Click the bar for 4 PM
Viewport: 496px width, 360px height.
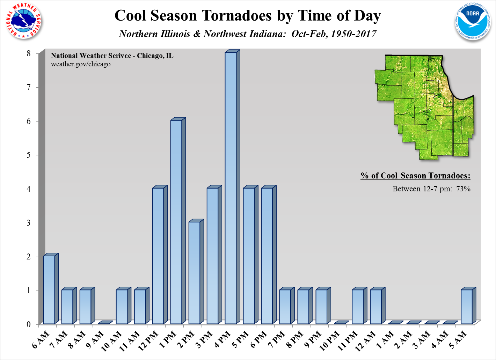(231, 189)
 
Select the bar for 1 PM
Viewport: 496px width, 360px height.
(176, 222)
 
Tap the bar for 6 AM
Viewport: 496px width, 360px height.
(49, 290)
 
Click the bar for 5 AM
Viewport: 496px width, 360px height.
(467, 307)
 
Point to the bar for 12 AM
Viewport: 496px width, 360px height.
(376, 307)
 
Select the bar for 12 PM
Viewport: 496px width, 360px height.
(158, 256)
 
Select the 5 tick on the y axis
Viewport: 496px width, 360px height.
(29, 155)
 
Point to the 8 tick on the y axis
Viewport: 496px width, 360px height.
(29, 53)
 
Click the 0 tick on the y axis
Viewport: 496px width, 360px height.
(29, 324)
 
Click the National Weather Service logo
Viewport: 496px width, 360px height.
(24, 21)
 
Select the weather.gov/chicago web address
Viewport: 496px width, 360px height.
(81, 64)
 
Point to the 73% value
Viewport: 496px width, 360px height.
(463, 189)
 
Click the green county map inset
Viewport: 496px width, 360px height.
(424, 106)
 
